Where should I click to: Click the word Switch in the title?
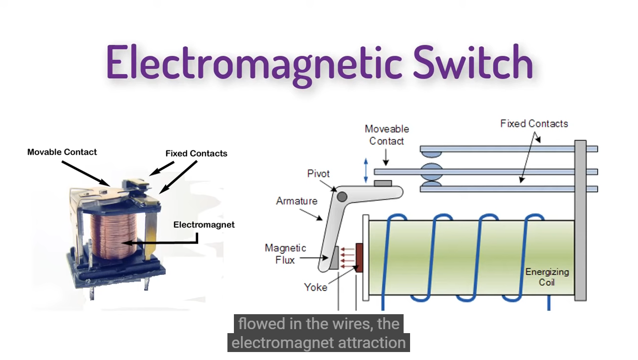(x=473, y=62)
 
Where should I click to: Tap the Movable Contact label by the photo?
(x=62, y=152)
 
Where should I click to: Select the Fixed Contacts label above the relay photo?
(x=196, y=153)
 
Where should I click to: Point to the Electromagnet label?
(x=204, y=225)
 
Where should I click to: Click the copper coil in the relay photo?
(x=113, y=234)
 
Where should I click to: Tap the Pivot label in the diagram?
(x=318, y=174)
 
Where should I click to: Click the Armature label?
(x=297, y=201)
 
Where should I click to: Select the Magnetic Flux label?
(x=285, y=254)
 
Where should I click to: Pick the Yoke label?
(x=316, y=287)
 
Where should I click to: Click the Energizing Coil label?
(x=546, y=277)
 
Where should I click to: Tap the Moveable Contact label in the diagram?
(x=387, y=135)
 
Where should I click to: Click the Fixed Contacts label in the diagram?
(x=534, y=123)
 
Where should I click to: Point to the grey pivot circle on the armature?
(x=342, y=197)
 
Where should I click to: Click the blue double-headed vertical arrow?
(x=366, y=170)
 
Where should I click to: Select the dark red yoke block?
(x=359, y=257)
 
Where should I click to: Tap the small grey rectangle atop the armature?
(x=383, y=184)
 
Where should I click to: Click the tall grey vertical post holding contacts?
(x=580, y=221)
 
